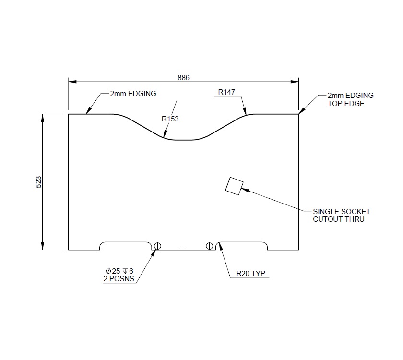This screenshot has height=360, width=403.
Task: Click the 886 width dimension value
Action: point(184,77)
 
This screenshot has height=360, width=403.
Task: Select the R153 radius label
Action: point(170,119)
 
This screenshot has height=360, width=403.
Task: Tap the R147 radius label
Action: point(226,92)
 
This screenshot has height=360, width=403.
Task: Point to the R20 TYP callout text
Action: point(251,274)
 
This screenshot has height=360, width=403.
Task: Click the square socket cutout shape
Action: point(234,186)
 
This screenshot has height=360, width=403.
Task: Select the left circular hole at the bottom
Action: point(158,246)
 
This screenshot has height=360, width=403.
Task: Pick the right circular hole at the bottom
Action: point(209,246)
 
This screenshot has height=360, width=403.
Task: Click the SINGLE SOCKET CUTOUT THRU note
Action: point(342,215)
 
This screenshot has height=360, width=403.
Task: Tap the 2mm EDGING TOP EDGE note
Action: point(350,99)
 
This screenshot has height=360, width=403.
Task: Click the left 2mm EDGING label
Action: point(133,94)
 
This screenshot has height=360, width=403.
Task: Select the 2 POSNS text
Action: point(118,279)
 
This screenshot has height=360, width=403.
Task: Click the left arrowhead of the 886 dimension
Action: point(71,82)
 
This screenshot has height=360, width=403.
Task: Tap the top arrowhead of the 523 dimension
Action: point(43,117)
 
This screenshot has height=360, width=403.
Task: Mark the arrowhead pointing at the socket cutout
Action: point(245,189)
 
